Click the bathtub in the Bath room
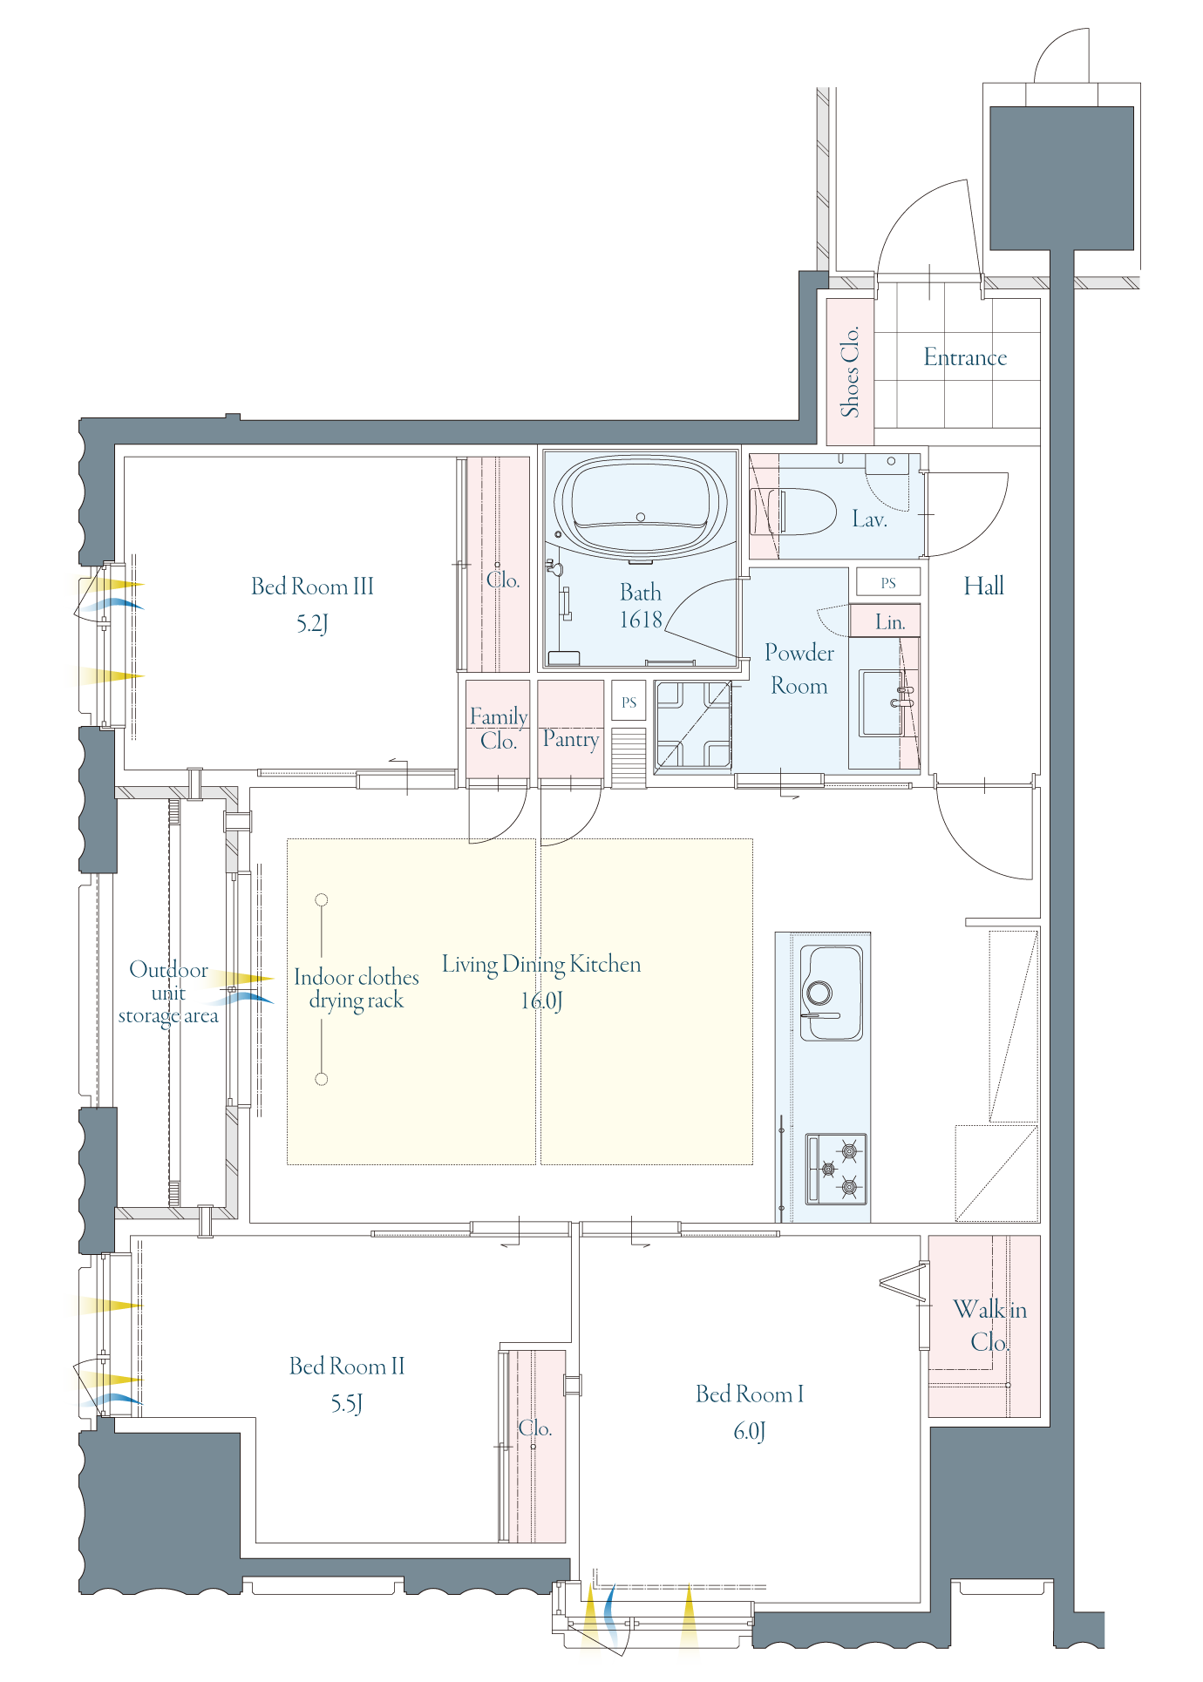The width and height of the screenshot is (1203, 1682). coord(641,506)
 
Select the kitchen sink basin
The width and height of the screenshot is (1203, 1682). coord(833,992)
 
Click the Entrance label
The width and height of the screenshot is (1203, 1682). coord(965,357)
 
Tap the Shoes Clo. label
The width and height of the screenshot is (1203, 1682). coord(850,371)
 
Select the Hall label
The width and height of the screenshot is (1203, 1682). coord(984,586)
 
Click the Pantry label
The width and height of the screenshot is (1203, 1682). coord(571,739)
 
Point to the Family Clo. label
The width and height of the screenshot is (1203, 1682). coord(499,729)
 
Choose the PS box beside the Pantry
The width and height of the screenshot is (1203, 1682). coord(629,702)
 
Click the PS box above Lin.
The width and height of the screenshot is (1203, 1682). coord(888,582)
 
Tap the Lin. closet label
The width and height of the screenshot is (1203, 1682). coord(890,622)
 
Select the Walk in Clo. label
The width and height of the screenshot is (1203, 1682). coord(989,1325)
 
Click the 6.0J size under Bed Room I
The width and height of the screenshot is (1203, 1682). coord(750,1431)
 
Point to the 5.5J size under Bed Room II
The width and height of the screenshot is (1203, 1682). coord(347,1403)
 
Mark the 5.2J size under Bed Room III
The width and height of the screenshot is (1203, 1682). coord(312,623)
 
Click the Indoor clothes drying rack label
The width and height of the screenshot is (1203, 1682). coord(357,989)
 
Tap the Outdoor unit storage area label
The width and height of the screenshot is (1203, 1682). coord(168,993)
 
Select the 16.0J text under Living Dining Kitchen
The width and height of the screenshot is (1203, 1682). coord(541,1000)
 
